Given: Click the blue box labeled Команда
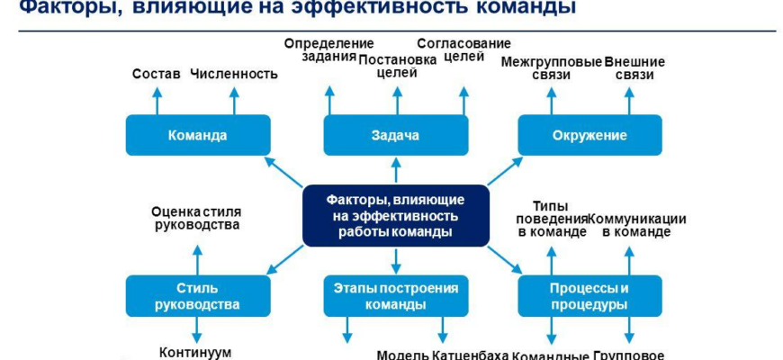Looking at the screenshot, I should pyautogui.click(x=198, y=135).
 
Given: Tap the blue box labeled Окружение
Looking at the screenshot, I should pyautogui.click(x=589, y=135).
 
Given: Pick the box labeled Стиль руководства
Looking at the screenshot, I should pyautogui.click(x=198, y=296).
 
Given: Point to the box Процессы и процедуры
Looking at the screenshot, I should pyautogui.click(x=589, y=296).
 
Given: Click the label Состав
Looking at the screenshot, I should pyautogui.click(x=157, y=74).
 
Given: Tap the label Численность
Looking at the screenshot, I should pyautogui.click(x=234, y=74).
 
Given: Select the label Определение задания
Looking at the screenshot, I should pyautogui.click(x=328, y=51).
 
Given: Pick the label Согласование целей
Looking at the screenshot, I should pyautogui.click(x=463, y=51).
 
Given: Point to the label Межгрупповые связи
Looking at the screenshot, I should pyautogui.click(x=551, y=69).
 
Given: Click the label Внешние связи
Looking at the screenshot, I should pyautogui.click(x=634, y=69).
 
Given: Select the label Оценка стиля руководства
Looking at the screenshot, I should pyautogui.click(x=195, y=218).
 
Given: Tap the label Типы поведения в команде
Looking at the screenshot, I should pyautogui.click(x=551, y=219).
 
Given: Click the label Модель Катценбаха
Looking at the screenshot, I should pyautogui.click(x=443, y=354).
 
